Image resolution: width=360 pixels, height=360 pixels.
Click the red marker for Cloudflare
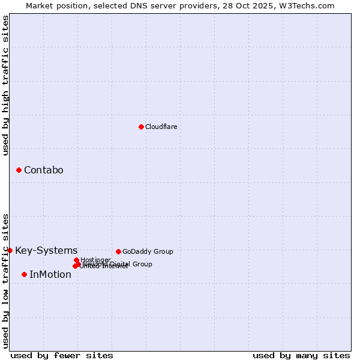click(x=141, y=127)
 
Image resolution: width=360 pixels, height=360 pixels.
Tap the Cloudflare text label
click(x=161, y=127)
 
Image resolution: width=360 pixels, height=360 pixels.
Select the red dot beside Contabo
click(x=19, y=170)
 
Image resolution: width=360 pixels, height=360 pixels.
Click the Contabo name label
click(x=44, y=170)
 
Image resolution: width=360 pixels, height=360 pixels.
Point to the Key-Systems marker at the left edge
click(x=10, y=250)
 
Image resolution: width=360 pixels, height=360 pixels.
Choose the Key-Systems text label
click(x=46, y=251)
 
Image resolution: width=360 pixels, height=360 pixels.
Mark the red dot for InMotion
click(x=25, y=275)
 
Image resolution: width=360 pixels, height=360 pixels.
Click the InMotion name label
click(x=50, y=275)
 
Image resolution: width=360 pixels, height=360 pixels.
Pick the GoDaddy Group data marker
click(x=118, y=251)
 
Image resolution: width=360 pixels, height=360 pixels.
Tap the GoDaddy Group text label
click(x=148, y=251)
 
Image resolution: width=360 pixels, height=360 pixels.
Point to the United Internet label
click(x=104, y=266)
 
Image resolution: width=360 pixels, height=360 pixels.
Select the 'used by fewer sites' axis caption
click(x=62, y=355)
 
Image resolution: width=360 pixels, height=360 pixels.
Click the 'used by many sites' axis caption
click(x=301, y=355)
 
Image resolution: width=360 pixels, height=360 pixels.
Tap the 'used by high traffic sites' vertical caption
click(x=6, y=85)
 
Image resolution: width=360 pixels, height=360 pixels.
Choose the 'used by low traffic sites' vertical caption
click(x=6, y=281)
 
